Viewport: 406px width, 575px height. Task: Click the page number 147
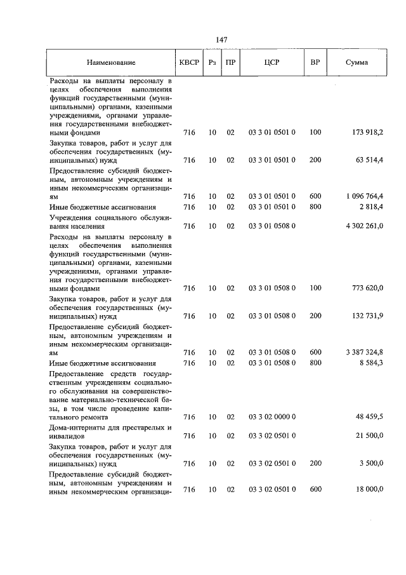click(221, 39)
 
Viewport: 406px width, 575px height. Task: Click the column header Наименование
click(111, 63)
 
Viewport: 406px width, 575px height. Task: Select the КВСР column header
click(189, 63)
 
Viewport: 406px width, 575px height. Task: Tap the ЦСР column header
click(272, 63)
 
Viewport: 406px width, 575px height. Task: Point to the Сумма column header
click(357, 63)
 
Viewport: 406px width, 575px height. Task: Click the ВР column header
click(315, 63)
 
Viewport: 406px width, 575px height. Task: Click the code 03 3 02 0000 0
click(272, 417)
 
